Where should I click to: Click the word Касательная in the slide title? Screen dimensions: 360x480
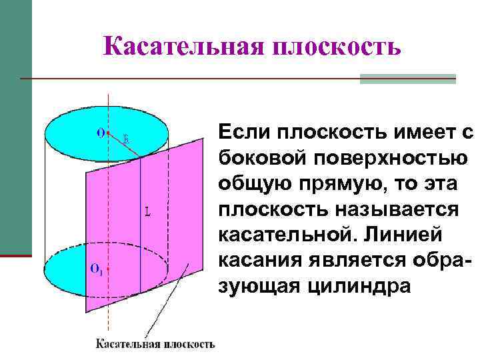(x=179, y=46)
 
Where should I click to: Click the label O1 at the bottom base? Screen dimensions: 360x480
(x=96, y=269)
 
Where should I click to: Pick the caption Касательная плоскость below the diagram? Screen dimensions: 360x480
(x=155, y=344)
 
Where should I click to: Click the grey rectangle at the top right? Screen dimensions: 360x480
(x=407, y=79)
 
